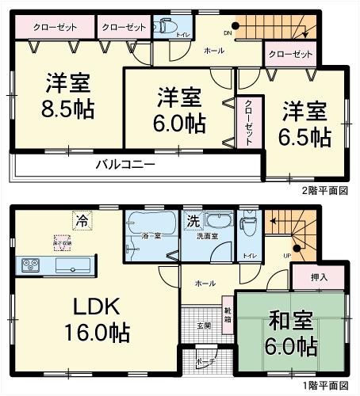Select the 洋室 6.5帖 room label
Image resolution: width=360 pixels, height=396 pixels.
click(304, 123)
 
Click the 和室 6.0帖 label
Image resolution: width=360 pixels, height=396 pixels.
click(292, 333)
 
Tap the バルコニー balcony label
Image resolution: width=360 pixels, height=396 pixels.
click(125, 165)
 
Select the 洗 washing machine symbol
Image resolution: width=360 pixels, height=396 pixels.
click(193, 219)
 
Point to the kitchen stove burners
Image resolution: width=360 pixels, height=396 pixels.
click(29, 265)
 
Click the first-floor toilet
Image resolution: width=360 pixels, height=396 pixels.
click(247, 224)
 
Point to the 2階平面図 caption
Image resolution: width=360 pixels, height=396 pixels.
click(326, 192)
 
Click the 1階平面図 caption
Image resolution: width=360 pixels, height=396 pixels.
click(326, 386)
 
